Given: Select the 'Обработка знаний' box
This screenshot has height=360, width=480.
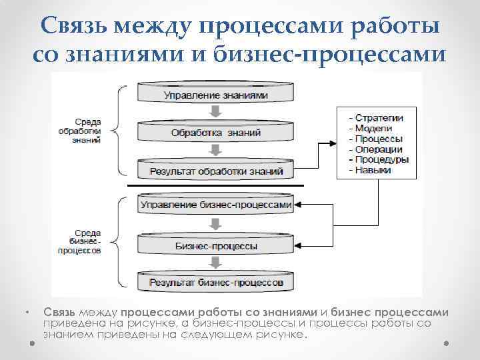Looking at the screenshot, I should pyautogui.click(x=216, y=133).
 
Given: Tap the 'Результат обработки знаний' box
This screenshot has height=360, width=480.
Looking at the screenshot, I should pyautogui.click(x=216, y=171).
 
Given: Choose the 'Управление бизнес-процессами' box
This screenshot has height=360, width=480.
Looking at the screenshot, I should pyautogui.click(x=216, y=205).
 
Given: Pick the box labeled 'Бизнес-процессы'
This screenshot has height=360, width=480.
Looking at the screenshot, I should pyautogui.click(x=216, y=245).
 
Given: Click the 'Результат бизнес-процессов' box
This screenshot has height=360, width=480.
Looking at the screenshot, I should pyautogui.click(x=216, y=283).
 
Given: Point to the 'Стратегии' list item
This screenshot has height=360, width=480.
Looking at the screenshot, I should pyautogui.click(x=379, y=118).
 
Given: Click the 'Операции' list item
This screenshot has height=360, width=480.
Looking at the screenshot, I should pyautogui.click(x=378, y=149).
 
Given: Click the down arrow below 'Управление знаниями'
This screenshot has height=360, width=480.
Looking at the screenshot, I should pyautogui.click(x=215, y=111).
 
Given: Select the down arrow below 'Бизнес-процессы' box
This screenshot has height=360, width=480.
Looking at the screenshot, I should pyautogui.click(x=215, y=263).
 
